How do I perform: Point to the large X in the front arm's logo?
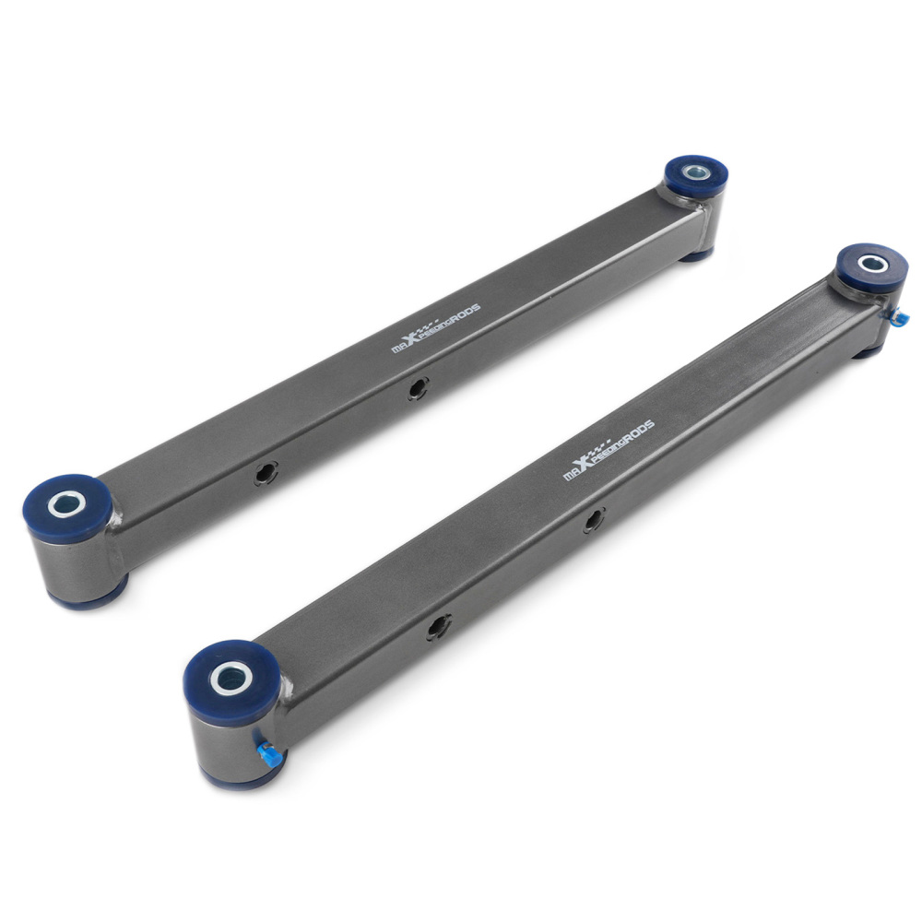[585, 464]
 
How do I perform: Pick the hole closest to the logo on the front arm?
[594, 522]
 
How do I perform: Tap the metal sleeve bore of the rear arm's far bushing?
[696, 171]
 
